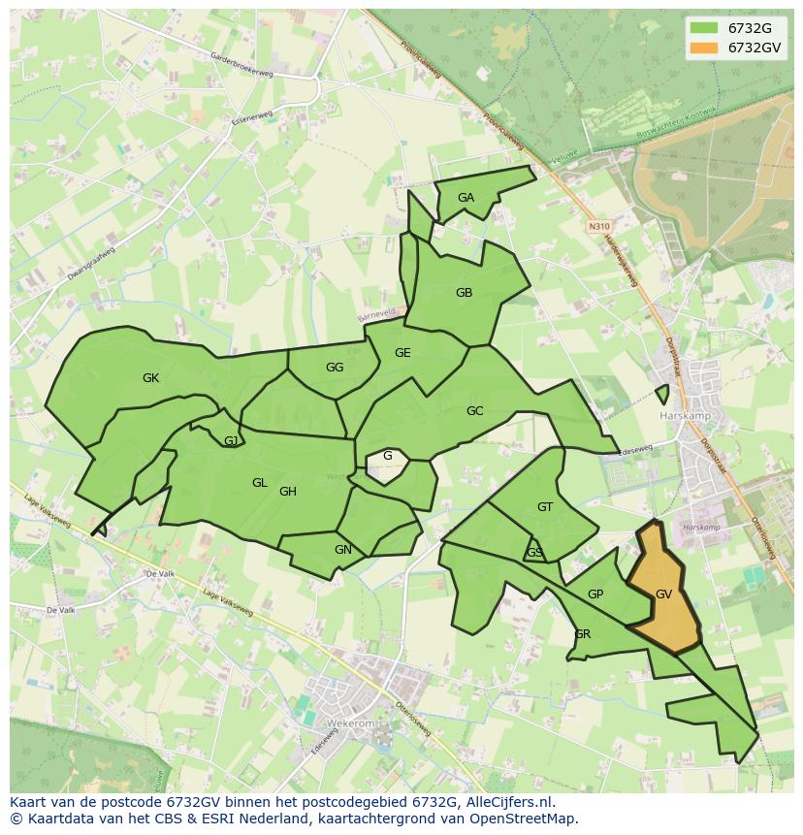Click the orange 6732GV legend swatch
pyautogui.click(x=705, y=48)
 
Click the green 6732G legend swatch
pyautogui.click(x=705, y=27)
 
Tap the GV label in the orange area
pyautogui.click(x=663, y=594)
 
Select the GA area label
pyautogui.click(x=466, y=198)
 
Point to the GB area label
pyautogui.click(x=464, y=293)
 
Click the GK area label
pyautogui.click(x=150, y=378)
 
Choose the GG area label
pyautogui.click(x=335, y=368)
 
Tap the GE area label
pyautogui.click(x=402, y=353)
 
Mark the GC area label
pyautogui.click(x=474, y=411)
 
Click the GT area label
pyautogui.click(x=545, y=507)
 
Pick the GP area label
pyautogui.click(x=595, y=594)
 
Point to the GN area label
pyautogui.click(x=342, y=550)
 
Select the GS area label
pyautogui.click(x=534, y=553)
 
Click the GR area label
pyautogui.click(x=582, y=634)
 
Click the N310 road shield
pyautogui.click(x=598, y=226)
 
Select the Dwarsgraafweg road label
pyautogui.click(x=91, y=263)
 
